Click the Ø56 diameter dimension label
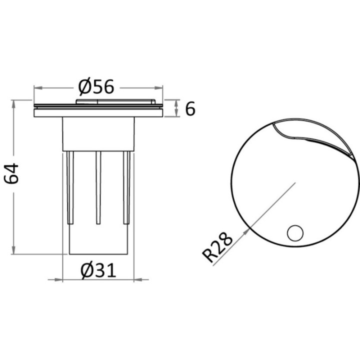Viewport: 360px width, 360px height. (x=97, y=87)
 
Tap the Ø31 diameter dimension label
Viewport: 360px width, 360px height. (x=98, y=270)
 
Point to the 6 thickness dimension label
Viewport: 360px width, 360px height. (x=189, y=108)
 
